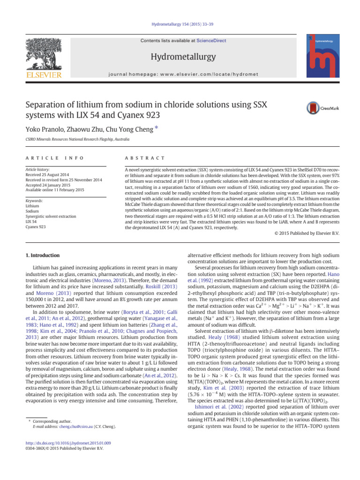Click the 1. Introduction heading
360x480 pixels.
pos(42,255)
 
